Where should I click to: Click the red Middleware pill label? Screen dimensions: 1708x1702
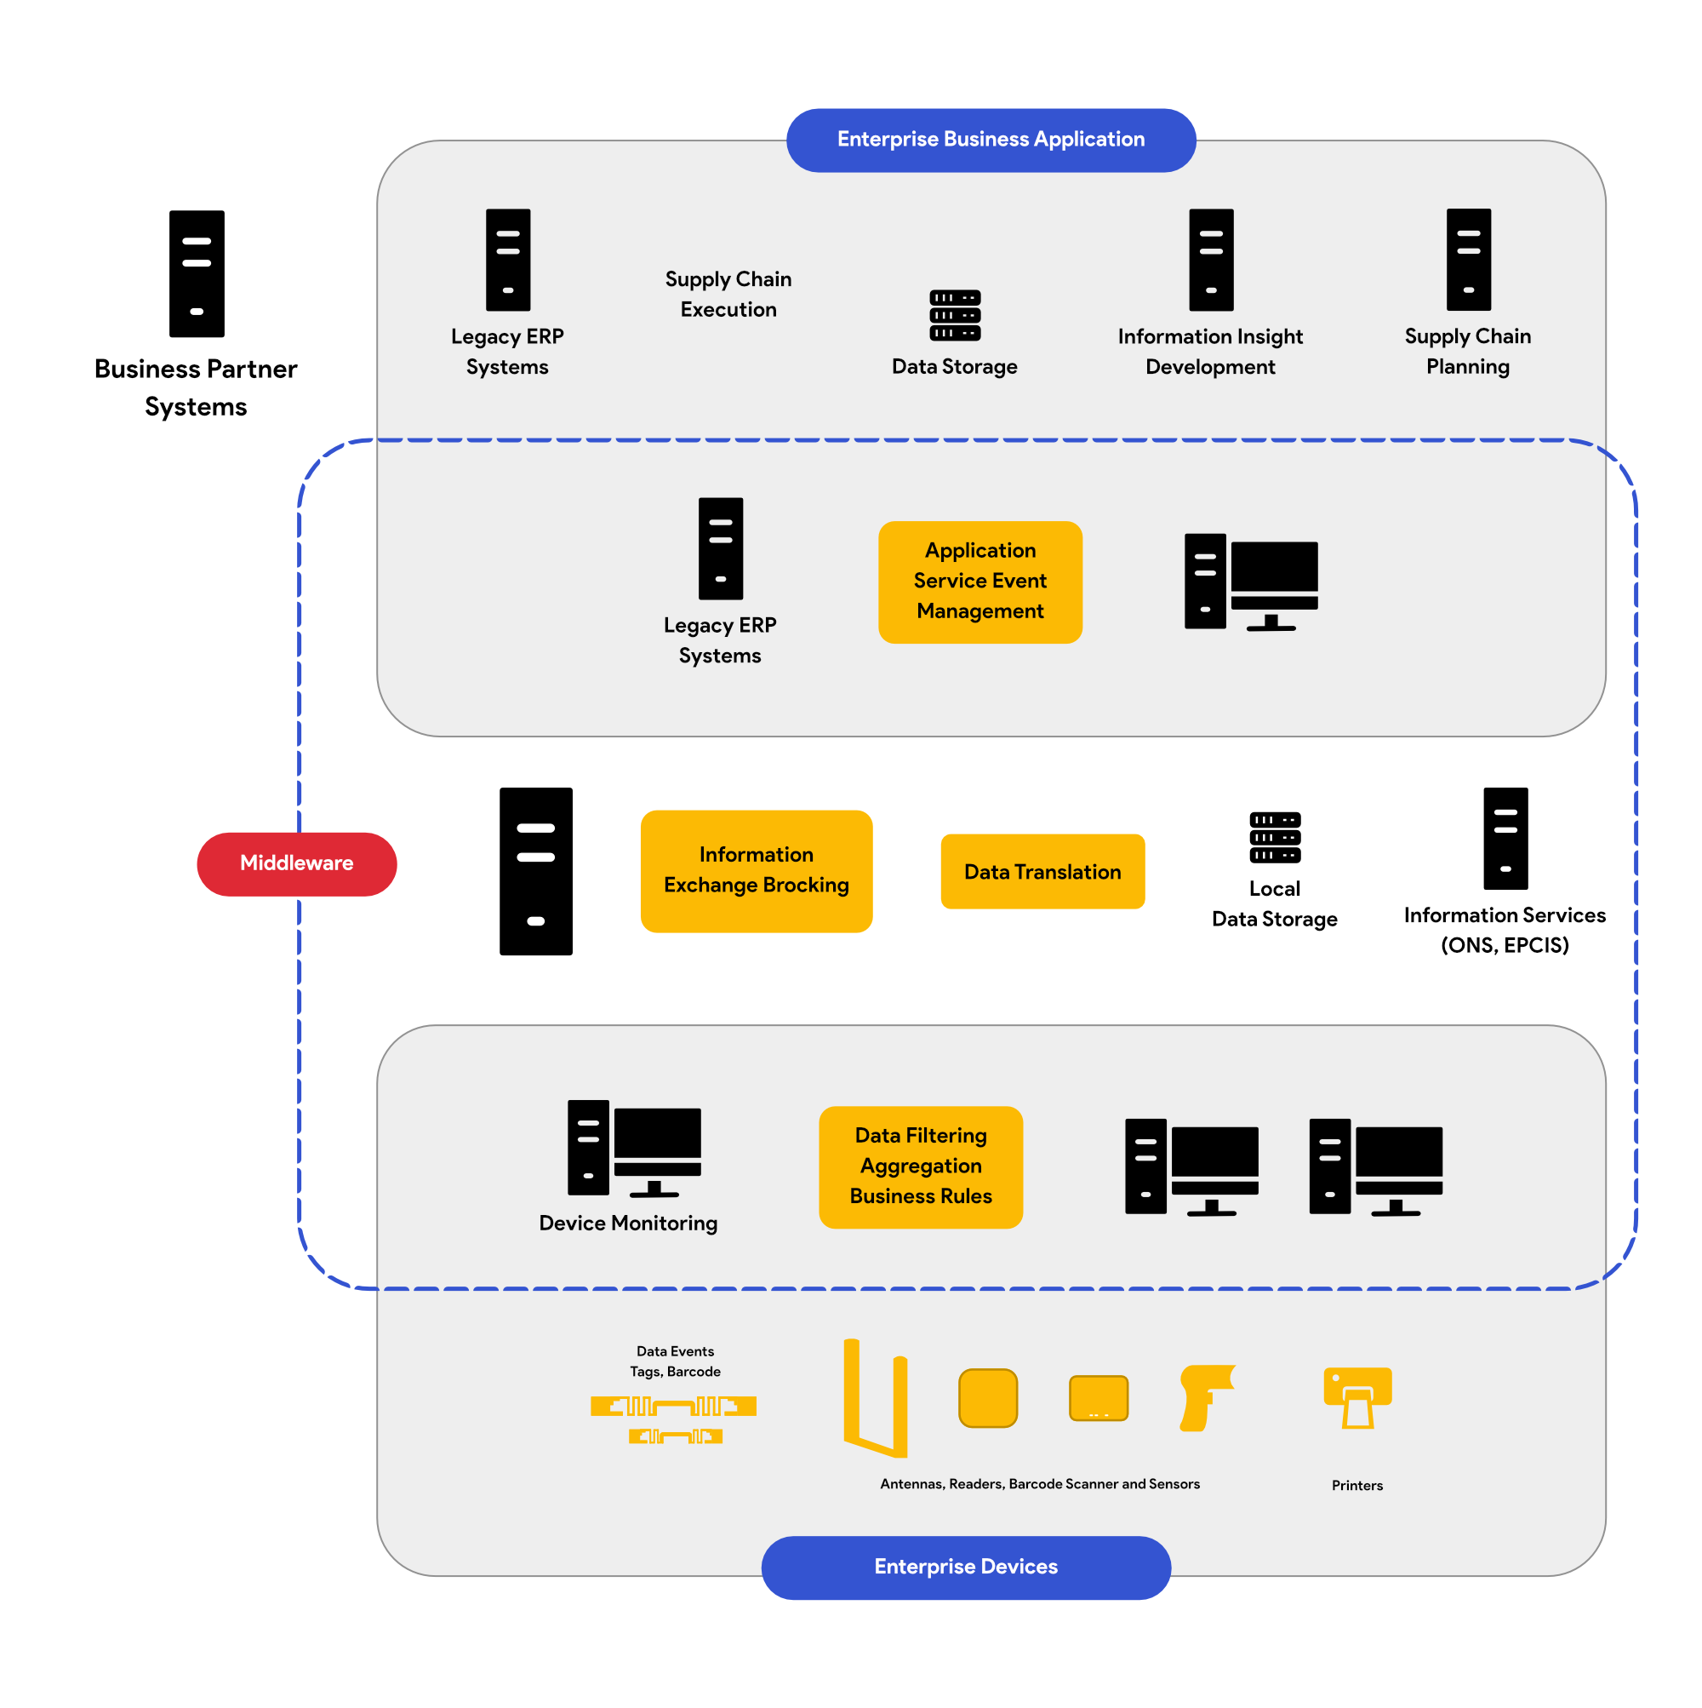[x=296, y=863]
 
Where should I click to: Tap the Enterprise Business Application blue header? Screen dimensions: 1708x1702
[x=991, y=140]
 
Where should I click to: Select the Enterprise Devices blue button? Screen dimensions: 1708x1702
[x=966, y=1567]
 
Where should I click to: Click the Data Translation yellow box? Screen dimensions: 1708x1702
[x=1042, y=872]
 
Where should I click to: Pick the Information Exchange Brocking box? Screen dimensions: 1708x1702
[x=756, y=871]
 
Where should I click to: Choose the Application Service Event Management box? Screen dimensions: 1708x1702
[x=980, y=582]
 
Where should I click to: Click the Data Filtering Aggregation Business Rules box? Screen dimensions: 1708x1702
[x=920, y=1166]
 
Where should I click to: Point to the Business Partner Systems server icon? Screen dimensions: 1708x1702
[x=197, y=273]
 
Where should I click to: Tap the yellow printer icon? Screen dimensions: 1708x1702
[x=1357, y=1397]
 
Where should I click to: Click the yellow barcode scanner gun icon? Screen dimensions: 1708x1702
[x=1204, y=1397]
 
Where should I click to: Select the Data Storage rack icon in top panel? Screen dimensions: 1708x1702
[x=954, y=316]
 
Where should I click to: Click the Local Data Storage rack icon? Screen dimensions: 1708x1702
[x=1274, y=837]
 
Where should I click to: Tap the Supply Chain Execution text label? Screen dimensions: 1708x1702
[x=728, y=295]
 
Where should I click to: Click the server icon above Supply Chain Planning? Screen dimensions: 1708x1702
[x=1468, y=259]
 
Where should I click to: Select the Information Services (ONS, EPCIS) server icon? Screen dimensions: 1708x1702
[x=1505, y=838]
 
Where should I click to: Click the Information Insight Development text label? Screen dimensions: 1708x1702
[x=1210, y=351]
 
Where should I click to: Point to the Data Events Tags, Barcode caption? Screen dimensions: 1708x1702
[x=675, y=1361]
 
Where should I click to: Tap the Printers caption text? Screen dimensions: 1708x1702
[x=1356, y=1485]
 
